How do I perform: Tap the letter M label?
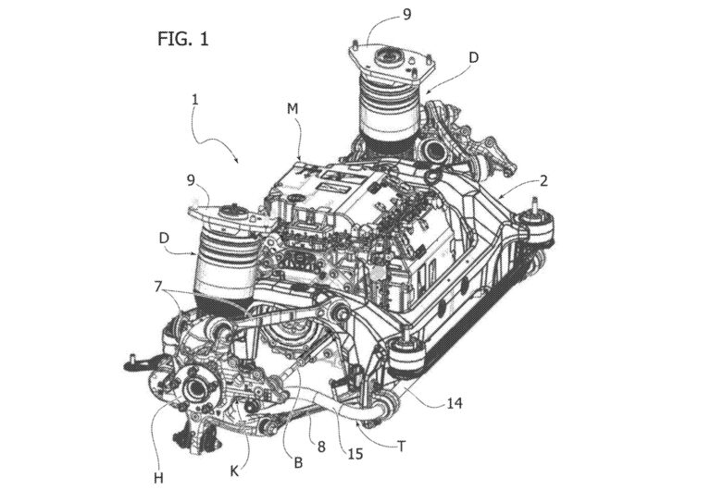[293, 109]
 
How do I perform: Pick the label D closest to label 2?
[473, 57]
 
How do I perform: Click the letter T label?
[401, 443]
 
